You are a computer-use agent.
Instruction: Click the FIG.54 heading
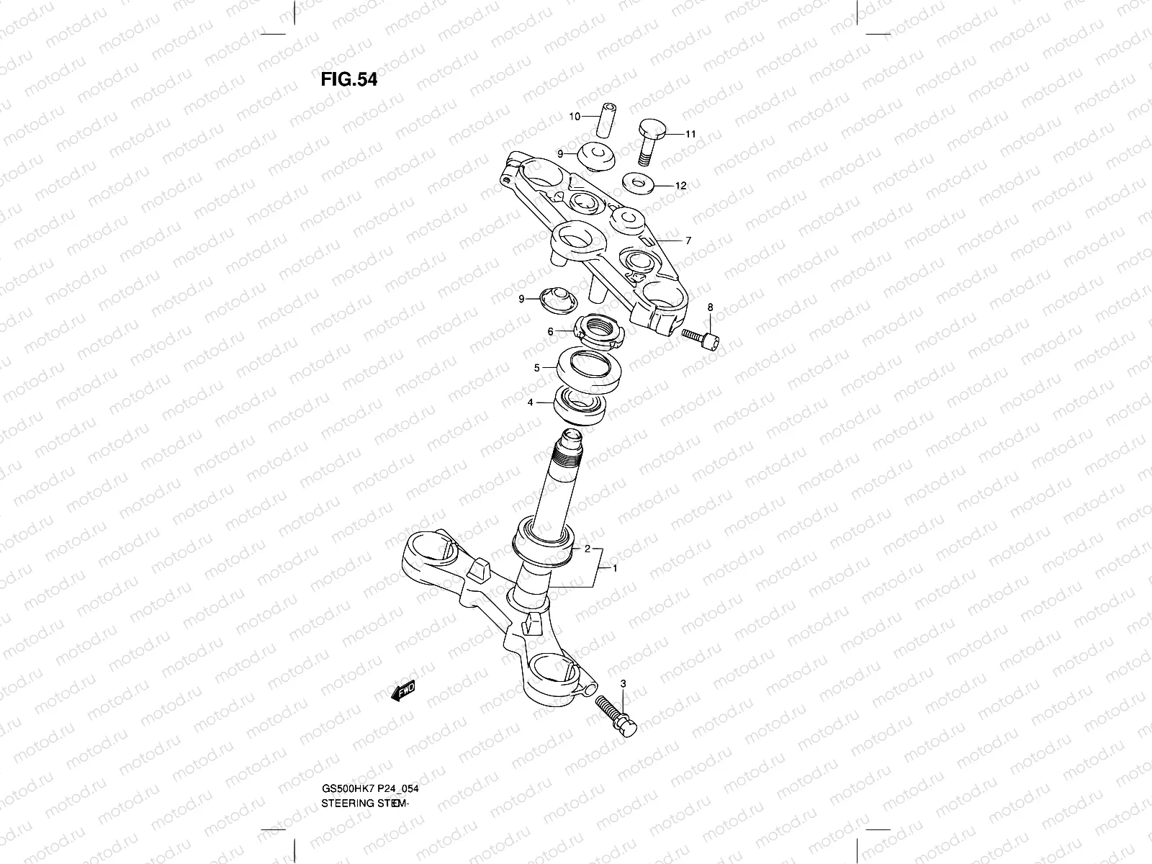tap(348, 78)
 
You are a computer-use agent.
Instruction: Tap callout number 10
tap(575, 116)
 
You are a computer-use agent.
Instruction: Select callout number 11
tap(690, 134)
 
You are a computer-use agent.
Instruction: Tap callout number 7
tap(688, 240)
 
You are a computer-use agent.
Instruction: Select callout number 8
tap(710, 308)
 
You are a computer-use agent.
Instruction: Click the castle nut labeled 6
tap(598, 332)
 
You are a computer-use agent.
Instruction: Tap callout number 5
tap(536, 368)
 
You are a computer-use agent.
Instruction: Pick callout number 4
tap(531, 402)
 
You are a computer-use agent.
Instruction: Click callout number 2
tap(588, 548)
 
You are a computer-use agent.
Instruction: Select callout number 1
tap(615, 568)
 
